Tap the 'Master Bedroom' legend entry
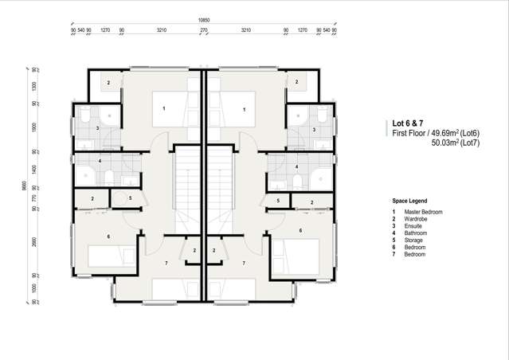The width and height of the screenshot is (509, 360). pos(423,212)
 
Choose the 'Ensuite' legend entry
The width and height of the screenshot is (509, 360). pos(415,226)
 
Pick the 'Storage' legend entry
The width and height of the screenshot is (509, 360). pos(415,241)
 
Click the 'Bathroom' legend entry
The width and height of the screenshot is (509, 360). pos(417,233)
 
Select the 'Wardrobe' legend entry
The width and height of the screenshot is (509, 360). pos(417,219)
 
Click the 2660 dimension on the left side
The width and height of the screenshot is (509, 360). pos(33,243)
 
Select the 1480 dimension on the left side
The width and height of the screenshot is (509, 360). pos(33,170)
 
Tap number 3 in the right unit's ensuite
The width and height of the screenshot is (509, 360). pos(314,129)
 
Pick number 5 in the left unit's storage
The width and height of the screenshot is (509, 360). pos(130,198)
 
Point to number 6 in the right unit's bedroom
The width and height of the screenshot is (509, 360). pos(300,231)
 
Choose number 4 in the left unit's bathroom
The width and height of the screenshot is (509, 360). pos(100,162)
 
